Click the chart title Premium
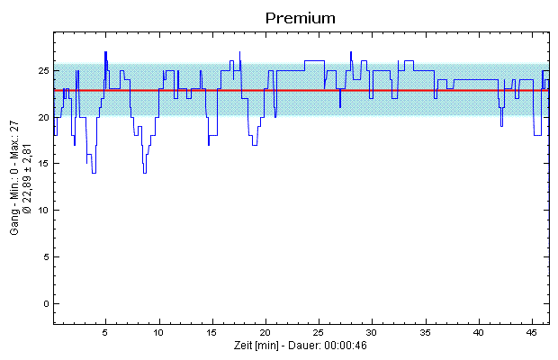(301, 17)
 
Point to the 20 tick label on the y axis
(42, 117)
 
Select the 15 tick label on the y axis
(42, 164)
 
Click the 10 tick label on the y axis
(42, 211)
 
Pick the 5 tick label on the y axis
(45, 257)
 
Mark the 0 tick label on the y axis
(45, 304)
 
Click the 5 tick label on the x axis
(106, 333)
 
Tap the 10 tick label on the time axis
(159, 333)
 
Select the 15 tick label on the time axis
(212, 333)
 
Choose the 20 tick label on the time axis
(265, 333)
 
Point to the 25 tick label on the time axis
(319, 333)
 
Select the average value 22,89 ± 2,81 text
(28, 166)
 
